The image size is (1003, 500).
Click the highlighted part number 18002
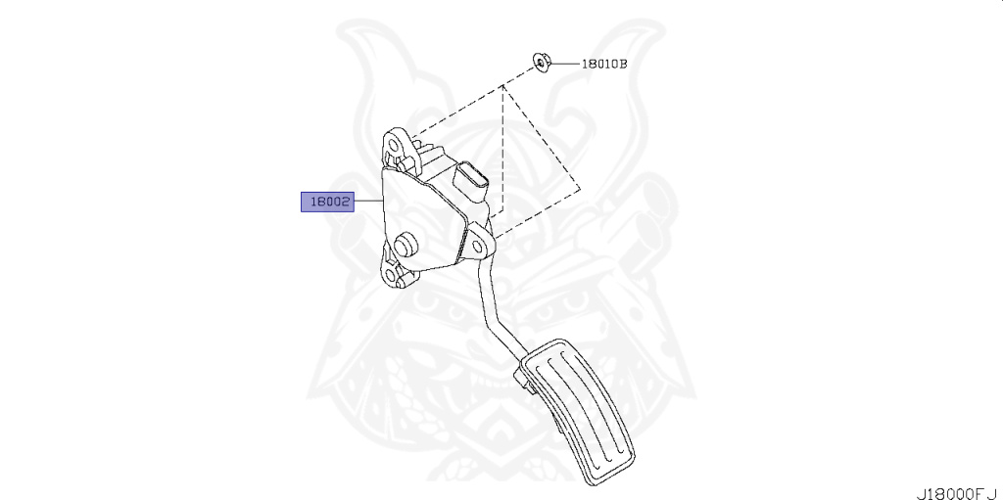[326, 202]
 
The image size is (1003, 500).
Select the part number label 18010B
[603, 65]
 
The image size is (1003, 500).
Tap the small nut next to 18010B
[540, 64]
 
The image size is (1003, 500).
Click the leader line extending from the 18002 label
[367, 202]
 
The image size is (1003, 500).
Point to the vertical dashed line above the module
[503, 147]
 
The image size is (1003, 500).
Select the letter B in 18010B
[622, 65]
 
